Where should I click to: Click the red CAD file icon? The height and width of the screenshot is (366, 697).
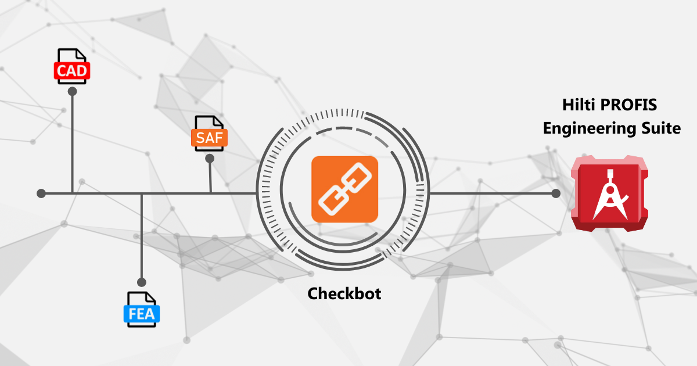72,66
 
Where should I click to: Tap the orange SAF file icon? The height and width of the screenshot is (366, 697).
209,134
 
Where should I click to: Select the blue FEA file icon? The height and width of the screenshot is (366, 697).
142,309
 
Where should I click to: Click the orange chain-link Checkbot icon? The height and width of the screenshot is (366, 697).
345,189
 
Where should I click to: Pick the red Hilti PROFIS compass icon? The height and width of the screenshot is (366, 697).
609,193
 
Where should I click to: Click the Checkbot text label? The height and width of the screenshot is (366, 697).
344,293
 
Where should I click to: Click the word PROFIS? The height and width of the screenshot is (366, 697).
629,105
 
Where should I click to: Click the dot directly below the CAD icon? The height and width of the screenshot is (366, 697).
72,92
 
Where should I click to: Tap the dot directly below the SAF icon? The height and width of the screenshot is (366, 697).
210,159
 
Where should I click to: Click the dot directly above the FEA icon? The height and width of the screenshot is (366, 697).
142,282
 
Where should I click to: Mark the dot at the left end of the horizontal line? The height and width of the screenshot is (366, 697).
41,193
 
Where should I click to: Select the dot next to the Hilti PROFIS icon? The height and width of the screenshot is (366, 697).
556,193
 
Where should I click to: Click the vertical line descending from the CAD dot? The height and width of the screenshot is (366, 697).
72,142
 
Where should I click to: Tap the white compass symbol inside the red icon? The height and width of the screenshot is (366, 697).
610,195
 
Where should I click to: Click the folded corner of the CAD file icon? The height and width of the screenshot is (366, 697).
81,55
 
